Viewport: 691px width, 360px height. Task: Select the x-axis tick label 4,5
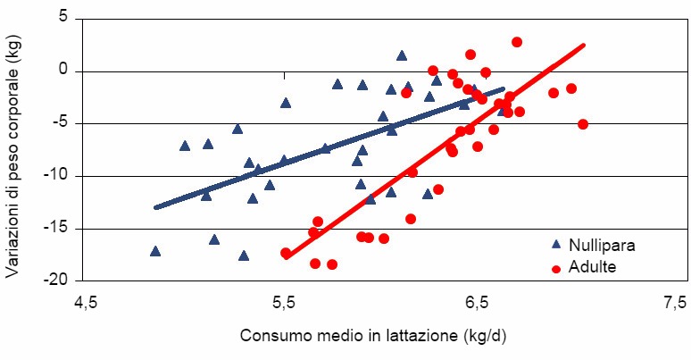tap(86, 303)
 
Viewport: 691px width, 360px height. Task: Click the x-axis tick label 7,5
tap(675, 303)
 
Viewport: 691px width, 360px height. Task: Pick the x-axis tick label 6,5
tap(479, 303)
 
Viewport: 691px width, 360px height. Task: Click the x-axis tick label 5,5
tap(282, 303)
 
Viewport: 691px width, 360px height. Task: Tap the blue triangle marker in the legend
tap(555, 244)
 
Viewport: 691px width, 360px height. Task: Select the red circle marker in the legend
tap(555, 267)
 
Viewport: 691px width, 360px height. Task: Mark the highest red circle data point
tap(517, 42)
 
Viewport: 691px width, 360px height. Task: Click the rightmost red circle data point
tap(583, 124)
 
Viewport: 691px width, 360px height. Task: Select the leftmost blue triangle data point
tap(155, 251)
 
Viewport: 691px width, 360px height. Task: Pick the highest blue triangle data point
tap(402, 55)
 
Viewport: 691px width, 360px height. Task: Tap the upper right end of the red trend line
tap(583, 45)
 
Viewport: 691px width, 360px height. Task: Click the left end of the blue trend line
tap(156, 207)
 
